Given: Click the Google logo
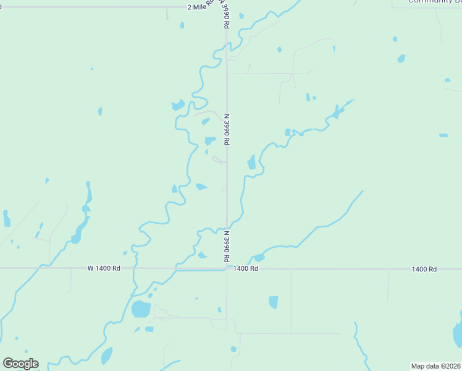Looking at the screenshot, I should click(x=20, y=364).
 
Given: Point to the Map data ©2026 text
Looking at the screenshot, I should click(x=435, y=366).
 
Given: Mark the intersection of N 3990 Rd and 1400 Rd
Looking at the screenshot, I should click(x=227, y=269).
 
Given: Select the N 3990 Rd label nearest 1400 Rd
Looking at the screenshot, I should click(x=227, y=245).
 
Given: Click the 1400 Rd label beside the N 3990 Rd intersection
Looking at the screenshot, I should click(x=245, y=269).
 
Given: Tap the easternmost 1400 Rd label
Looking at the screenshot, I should click(x=424, y=269).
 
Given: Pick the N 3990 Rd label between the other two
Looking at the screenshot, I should click(x=227, y=129).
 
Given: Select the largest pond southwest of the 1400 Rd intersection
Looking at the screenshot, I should click(x=141, y=309).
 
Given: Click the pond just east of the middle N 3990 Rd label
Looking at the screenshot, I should click(x=251, y=162).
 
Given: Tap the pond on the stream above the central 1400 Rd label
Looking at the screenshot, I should click(x=259, y=257).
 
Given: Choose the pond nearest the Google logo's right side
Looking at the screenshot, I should click(x=107, y=356).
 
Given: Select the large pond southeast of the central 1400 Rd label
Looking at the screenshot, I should click(x=274, y=302).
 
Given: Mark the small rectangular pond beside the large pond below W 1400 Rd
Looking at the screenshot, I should click(x=149, y=329).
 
